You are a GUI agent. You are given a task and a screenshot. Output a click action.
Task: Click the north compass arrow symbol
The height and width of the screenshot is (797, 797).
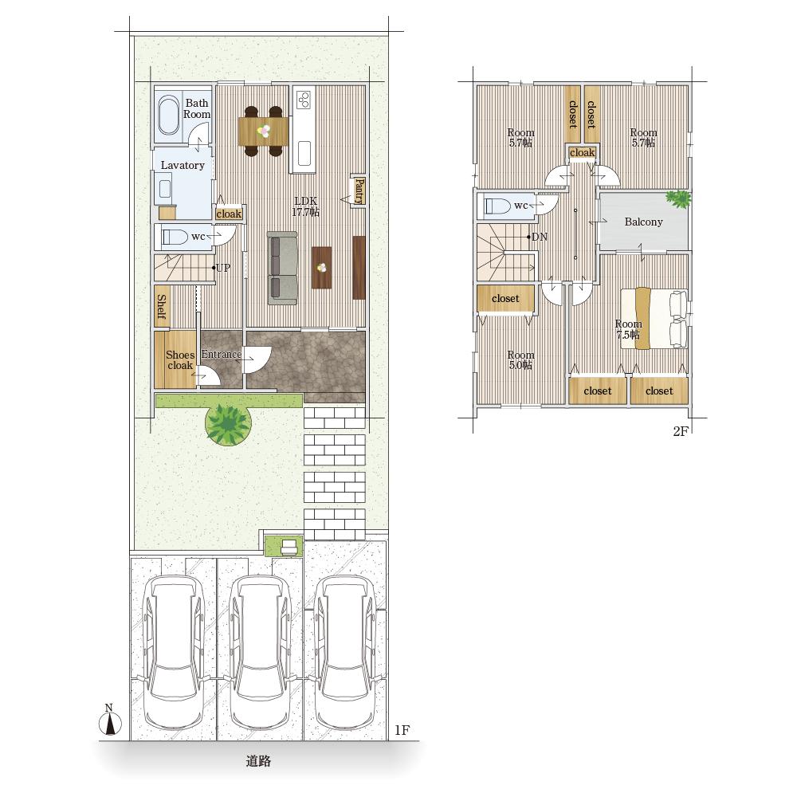[x=110, y=724]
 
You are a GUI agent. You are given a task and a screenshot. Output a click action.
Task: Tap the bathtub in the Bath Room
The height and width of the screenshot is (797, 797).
[x=169, y=116]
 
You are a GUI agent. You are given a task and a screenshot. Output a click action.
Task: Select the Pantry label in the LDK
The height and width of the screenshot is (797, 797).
[x=359, y=190]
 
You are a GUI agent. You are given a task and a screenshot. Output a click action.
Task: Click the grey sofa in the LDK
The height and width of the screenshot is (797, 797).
[x=282, y=269]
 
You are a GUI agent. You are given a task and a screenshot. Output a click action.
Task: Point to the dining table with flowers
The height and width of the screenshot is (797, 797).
[x=263, y=132]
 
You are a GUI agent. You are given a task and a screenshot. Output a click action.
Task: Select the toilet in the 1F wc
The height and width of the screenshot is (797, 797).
[x=175, y=238]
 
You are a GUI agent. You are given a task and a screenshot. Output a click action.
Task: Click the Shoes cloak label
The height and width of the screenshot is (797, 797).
[x=180, y=360]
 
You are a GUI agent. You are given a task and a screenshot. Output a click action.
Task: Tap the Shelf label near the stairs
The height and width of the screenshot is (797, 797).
[x=162, y=307]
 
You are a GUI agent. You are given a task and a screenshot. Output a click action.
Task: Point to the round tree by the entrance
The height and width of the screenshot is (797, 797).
[x=228, y=424]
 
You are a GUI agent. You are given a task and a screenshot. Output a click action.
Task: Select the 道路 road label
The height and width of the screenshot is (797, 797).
[x=258, y=761]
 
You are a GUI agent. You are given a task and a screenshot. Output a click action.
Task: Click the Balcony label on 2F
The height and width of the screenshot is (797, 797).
[x=643, y=222]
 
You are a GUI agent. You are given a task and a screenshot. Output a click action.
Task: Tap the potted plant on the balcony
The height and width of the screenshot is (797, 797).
[x=678, y=198]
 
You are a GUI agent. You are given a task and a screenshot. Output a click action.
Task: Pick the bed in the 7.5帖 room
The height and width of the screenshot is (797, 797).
[x=654, y=319]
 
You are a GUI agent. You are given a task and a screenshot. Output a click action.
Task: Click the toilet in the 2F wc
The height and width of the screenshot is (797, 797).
[x=498, y=206]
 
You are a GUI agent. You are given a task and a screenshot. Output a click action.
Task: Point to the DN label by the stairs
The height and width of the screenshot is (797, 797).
[x=540, y=237]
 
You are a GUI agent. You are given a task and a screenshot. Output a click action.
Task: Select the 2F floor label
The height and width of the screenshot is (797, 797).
[x=680, y=431]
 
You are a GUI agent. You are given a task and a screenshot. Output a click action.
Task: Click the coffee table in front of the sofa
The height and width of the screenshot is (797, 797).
[x=322, y=267]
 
